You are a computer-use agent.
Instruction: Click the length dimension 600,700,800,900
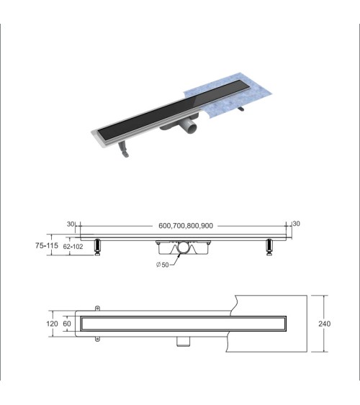(185, 224)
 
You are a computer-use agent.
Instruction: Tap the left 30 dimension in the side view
(71, 224)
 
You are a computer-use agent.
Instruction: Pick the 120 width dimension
(51, 324)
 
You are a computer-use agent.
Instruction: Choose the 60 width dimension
(68, 324)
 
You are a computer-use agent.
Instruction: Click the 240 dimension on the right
(325, 324)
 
